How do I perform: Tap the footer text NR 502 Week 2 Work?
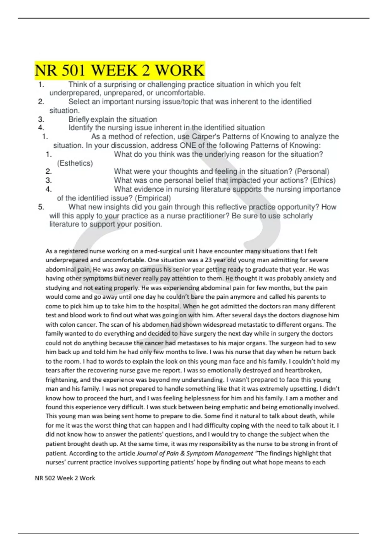(65, 478)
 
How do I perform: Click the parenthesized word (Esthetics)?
(75, 163)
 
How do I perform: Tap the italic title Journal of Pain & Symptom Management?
(195, 453)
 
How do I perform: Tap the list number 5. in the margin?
(41, 207)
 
